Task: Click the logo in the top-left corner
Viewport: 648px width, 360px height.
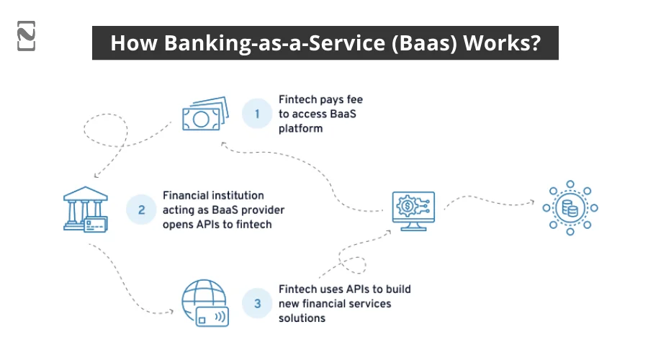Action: click(x=26, y=36)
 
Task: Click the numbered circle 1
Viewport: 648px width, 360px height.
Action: click(x=256, y=113)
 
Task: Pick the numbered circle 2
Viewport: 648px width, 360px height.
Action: click(x=141, y=210)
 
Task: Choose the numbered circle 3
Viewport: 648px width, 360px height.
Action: click(x=257, y=303)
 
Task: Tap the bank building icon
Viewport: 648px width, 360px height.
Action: click(x=85, y=209)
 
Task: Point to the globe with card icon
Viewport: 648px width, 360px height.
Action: click(x=204, y=302)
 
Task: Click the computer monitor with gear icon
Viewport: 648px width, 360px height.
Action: click(x=413, y=210)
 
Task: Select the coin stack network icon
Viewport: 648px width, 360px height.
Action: click(x=570, y=209)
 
